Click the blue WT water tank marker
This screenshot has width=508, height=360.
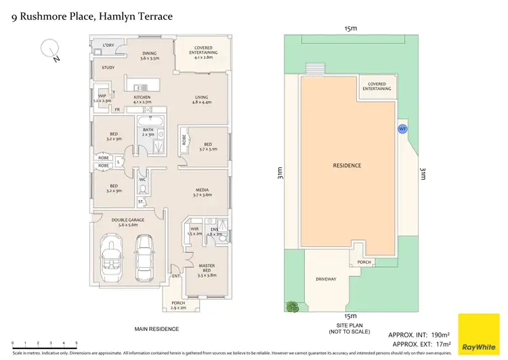point(402,128)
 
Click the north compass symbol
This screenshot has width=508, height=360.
point(49,49)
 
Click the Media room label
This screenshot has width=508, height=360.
point(202,192)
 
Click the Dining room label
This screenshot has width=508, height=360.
point(149,56)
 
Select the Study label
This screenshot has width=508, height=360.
point(108,68)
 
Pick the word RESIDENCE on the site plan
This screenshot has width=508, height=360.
point(347,165)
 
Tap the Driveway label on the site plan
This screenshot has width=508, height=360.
point(326,279)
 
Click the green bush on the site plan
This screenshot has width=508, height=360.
point(293,306)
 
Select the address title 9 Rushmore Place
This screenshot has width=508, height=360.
point(92,15)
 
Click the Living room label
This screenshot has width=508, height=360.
point(202,100)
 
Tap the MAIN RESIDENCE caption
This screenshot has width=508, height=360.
point(156,329)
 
